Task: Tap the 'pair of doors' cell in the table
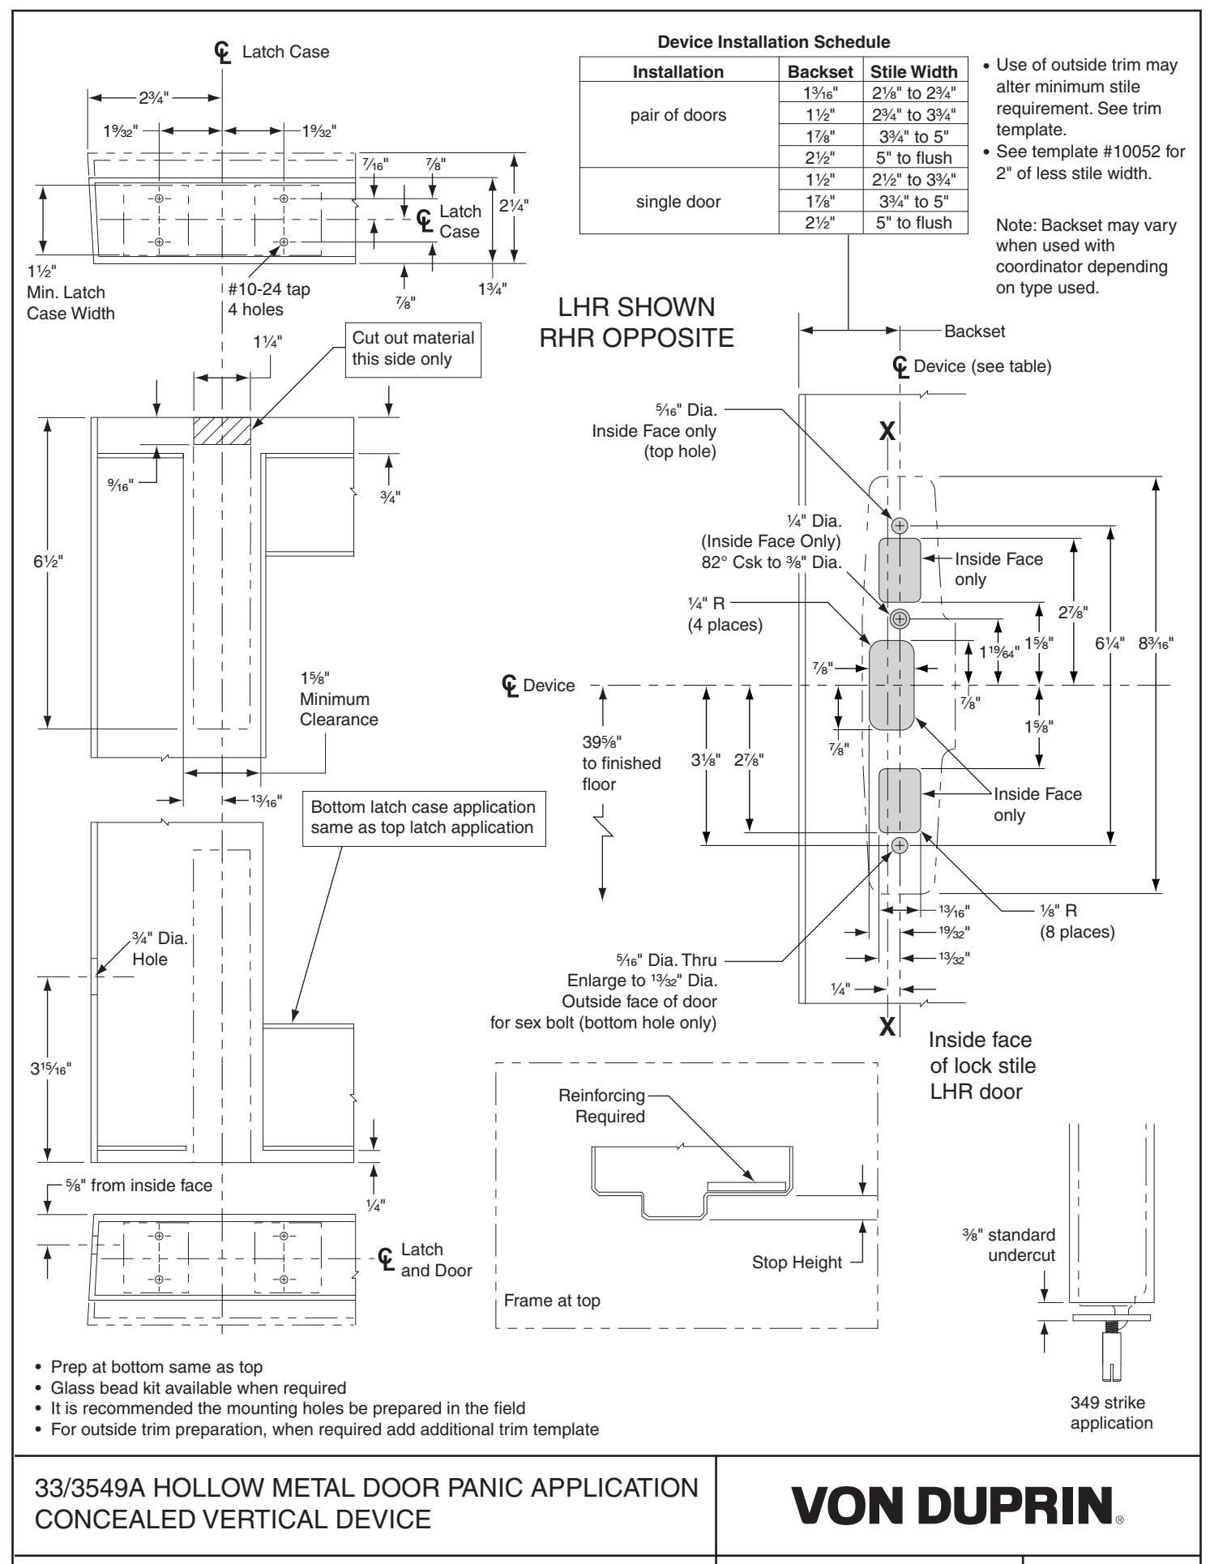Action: (x=678, y=114)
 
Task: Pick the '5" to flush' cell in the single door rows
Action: (x=914, y=223)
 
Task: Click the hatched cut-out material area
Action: (x=221, y=431)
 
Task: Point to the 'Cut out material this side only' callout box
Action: (x=413, y=348)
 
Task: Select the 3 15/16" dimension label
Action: (x=46, y=1066)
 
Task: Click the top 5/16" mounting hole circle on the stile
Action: (x=900, y=525)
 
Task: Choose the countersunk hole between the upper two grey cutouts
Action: (x=900, y=619)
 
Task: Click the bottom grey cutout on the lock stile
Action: (x=900, y=801)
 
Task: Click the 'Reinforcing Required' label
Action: (x=601, y=1106)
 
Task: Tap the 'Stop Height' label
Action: (x=797, y=1262)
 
